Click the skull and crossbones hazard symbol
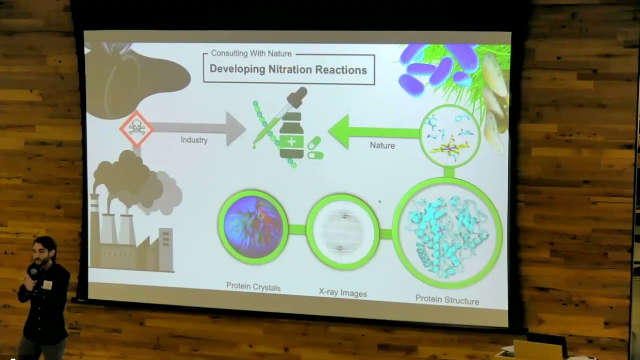click(x=136, y=128)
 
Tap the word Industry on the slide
click(x=194, y=140)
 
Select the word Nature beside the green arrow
click(x=382, y=145)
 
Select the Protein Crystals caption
click(x=253, y=287)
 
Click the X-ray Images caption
click(x=343, y=293)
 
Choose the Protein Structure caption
click(x=447, y=300)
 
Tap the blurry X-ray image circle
click(x=342, y=231)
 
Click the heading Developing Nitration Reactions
click(x=288, y=69)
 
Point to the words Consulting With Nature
click(x=251, y=53)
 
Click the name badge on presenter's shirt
click(x=47, y=284)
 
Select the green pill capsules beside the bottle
click(x=315, y=149)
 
